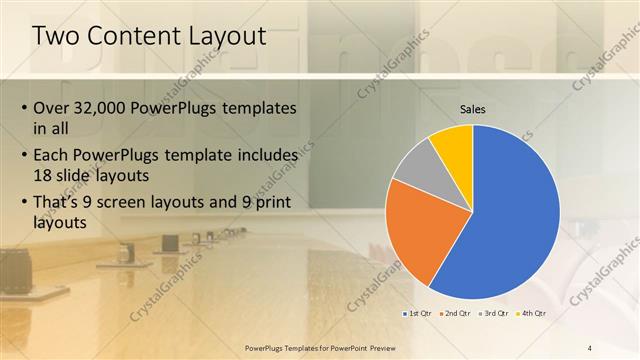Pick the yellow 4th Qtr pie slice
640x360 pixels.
point(453,145)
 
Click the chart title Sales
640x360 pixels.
point(473,109)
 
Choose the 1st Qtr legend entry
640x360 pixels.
point(418,314)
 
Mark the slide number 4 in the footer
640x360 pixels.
point(590,347)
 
